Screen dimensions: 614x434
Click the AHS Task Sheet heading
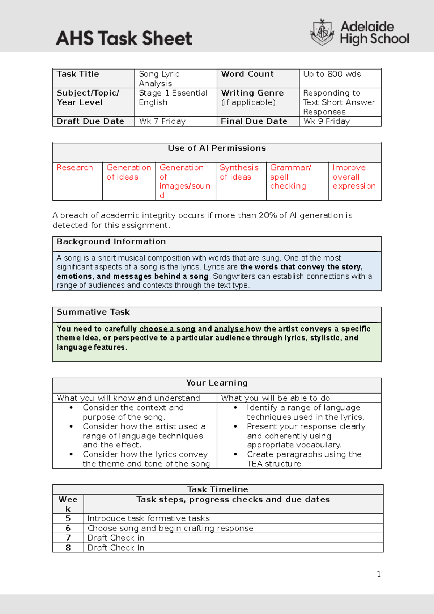click(x=124, y=38)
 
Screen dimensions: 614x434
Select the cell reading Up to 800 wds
click(x=332, y=74)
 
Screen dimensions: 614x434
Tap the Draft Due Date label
click(x=90, y=121)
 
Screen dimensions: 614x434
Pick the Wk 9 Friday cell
click(x=327, y=121)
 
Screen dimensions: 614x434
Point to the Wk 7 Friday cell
click(x=162, y=121)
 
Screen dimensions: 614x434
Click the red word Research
click(x=75, y=168)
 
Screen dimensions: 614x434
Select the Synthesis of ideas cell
click(x=239, y=172)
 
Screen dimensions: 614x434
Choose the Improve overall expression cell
click(x=354, y=177)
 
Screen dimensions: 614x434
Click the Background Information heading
click(x=111, y=242)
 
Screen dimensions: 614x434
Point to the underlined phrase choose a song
click(x=167, y=329)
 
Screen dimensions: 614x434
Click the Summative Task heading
click(x=93, y=312)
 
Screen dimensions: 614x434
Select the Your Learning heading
click(x=217, y=383)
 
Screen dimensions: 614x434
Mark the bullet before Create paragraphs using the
click(x=235, y=454)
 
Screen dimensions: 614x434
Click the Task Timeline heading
click(x=217, y=489)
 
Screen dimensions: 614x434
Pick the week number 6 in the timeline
click(x=68, y=528)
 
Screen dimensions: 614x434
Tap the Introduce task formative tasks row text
click(x=148, y=518)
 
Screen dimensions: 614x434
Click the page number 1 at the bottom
click(x=379, y=574)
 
